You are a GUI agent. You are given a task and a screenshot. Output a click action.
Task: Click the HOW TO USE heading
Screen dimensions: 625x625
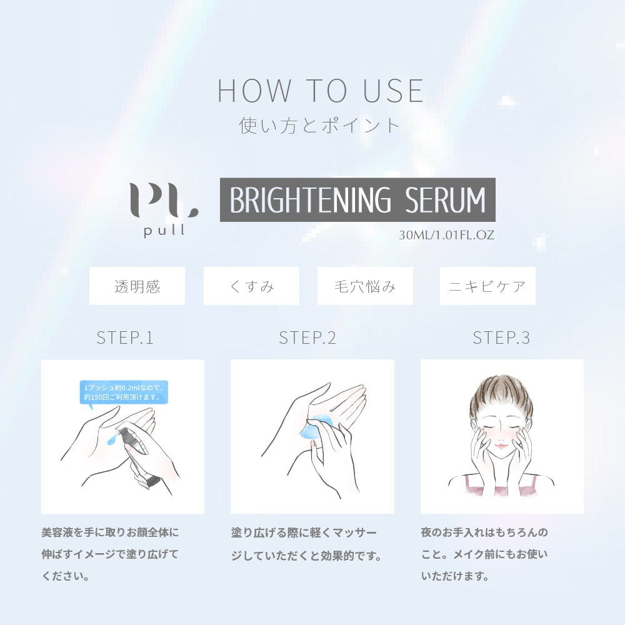pos(320,91)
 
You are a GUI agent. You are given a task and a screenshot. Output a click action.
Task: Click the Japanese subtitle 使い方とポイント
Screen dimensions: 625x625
pos(319,125)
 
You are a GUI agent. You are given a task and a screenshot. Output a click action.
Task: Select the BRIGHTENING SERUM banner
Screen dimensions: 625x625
pos(357,200)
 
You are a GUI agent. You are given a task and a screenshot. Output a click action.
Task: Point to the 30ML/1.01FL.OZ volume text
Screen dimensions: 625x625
pos(446,235)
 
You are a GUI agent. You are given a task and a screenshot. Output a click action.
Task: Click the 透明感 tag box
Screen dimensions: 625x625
pos(137,286)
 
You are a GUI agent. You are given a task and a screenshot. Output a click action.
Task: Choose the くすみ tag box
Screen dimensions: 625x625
pos(251,286)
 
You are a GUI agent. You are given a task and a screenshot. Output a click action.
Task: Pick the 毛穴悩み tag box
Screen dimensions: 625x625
pos(365,286)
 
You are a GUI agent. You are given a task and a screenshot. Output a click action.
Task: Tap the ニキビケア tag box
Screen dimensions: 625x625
pos(487,286)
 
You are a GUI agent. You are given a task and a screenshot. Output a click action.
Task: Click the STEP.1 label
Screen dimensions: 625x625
pos(125,338)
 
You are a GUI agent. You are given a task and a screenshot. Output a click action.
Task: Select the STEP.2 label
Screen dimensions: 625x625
pos(307,338)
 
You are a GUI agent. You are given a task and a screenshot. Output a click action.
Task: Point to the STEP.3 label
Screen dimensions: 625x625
pos(501,338)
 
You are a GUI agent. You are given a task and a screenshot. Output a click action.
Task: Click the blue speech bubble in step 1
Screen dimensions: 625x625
pos(124,392)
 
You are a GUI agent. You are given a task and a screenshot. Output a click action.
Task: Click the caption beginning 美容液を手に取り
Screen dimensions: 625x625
pos(111,554)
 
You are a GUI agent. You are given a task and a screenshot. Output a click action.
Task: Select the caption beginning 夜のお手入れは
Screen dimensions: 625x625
pos(484,554)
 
